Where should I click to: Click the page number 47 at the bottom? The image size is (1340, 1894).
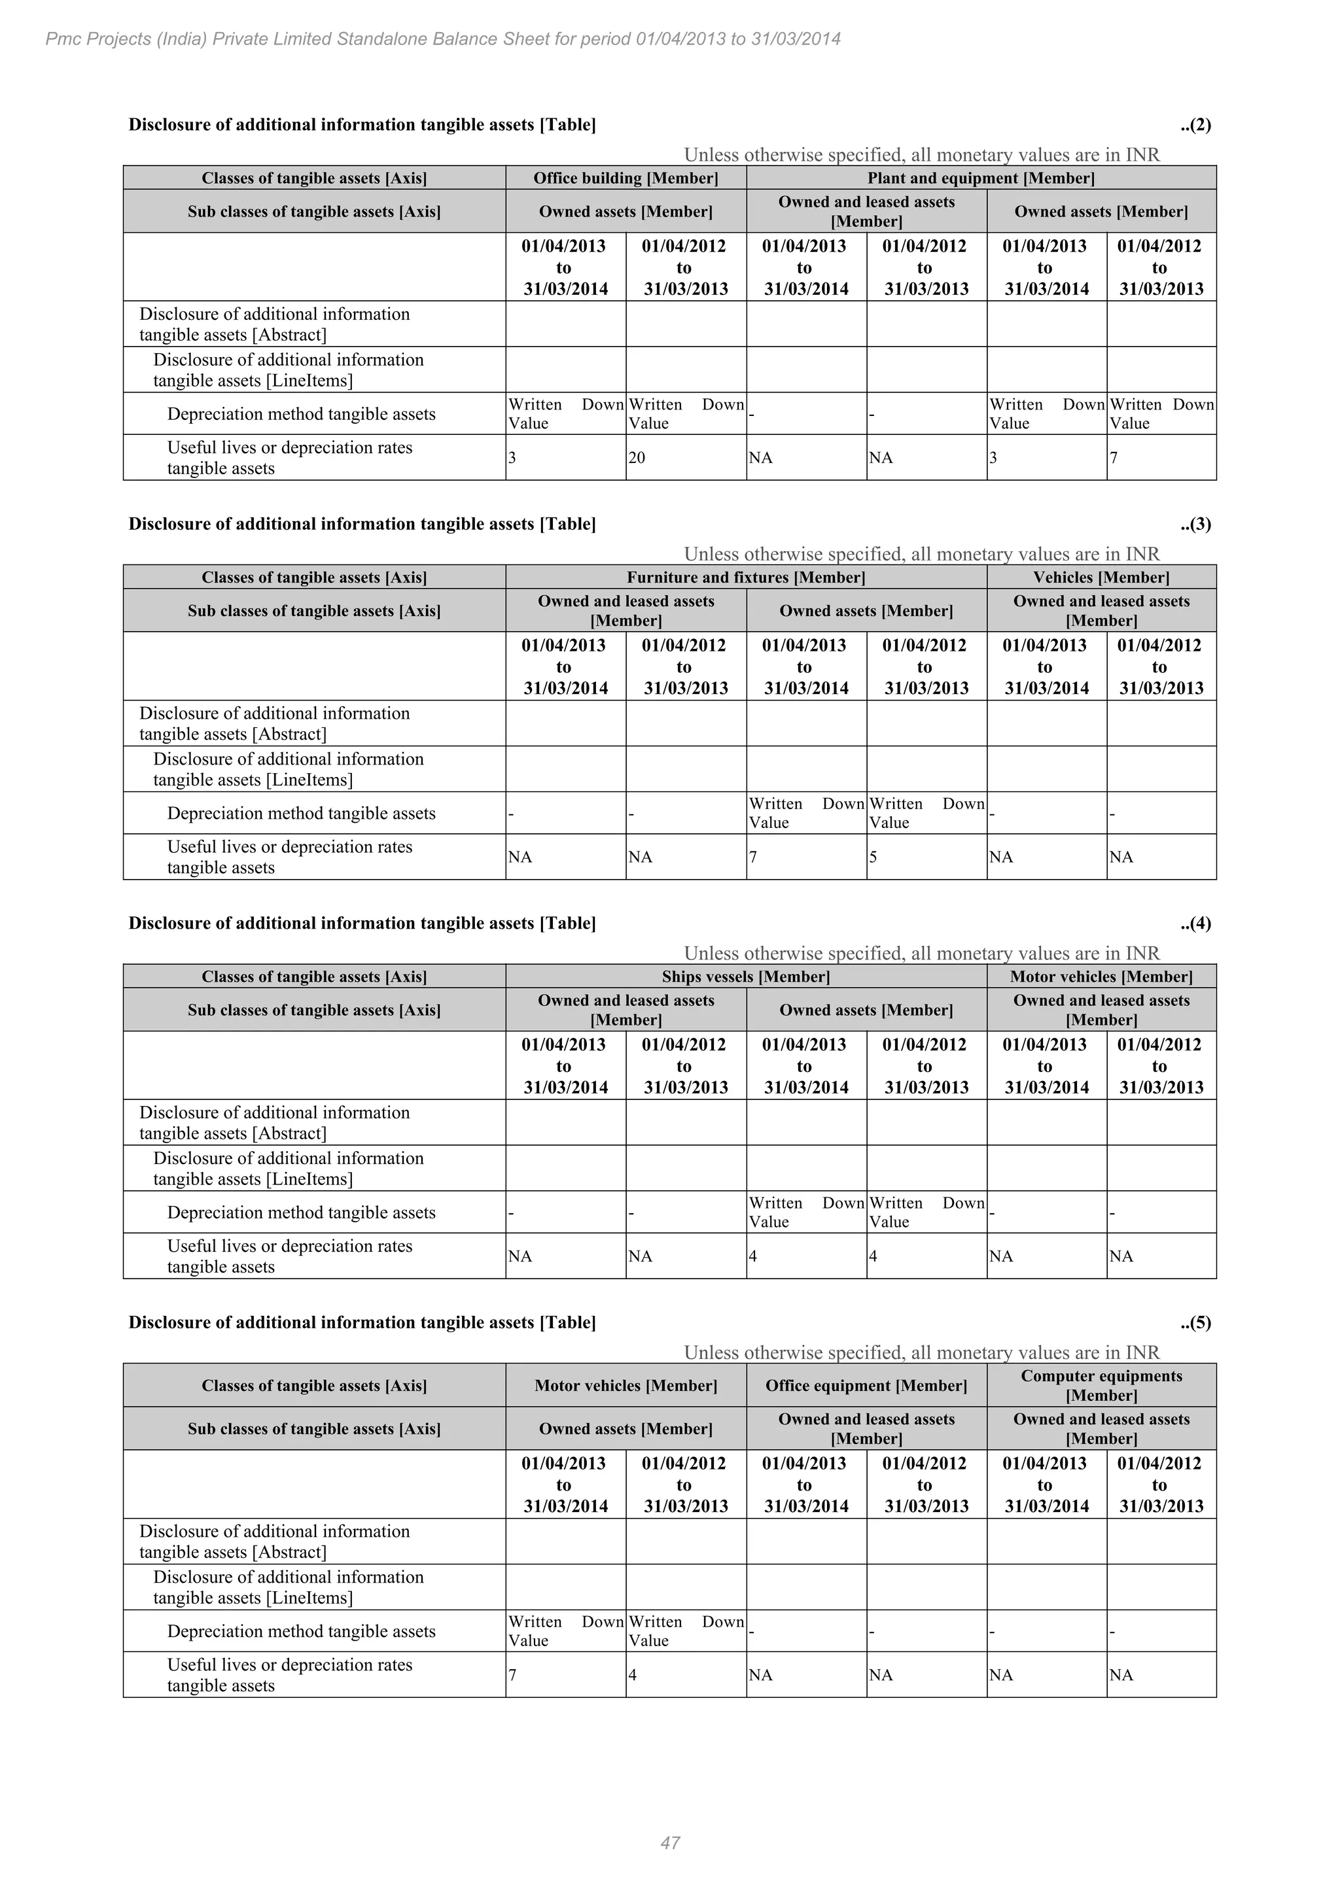point(670,1843)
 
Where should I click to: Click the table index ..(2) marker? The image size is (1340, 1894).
point(1195,124)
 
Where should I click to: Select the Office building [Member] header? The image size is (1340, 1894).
point(626,178)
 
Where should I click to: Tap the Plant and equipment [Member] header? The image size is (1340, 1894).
point(980,178)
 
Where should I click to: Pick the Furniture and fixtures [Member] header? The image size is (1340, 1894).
point(745,577)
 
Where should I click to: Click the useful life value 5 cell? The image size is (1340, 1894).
point(873,857)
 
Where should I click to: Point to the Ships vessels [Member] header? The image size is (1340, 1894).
point(745,976)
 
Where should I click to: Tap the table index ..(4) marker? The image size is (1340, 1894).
point(1195,923)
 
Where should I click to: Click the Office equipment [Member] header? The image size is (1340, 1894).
point(866,1385)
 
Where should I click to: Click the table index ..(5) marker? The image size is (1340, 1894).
point(1195,1322)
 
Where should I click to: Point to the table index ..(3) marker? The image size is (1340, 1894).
point(1195,524)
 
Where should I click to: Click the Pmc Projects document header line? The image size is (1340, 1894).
point(443,39)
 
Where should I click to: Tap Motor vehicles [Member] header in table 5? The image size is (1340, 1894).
point(626,1385)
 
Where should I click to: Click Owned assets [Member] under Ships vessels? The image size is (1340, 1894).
point(866,1010)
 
